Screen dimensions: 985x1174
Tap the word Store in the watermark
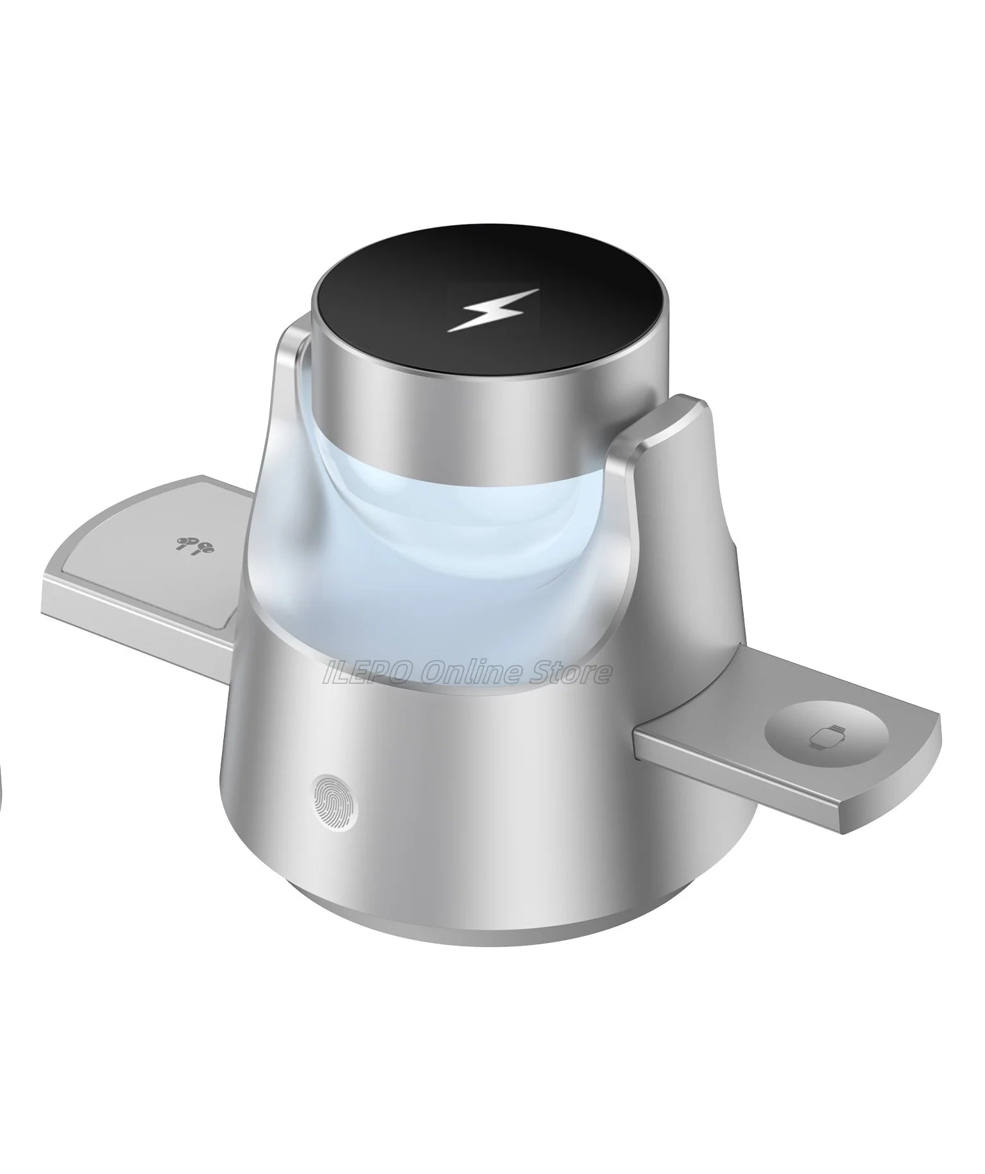click(x=565, y=673)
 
